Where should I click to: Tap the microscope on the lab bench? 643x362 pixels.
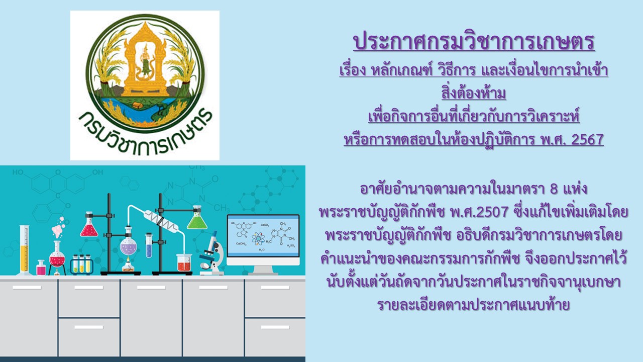212,253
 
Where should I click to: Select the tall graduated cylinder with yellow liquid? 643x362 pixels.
25,250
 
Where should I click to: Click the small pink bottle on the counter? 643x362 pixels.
41,268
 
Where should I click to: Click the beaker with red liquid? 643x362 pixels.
184,262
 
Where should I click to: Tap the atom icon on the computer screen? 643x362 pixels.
258,238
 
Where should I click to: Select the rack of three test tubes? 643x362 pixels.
82,264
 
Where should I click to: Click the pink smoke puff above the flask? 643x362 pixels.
58,228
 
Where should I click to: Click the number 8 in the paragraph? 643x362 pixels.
554,189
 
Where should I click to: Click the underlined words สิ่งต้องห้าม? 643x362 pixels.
474,93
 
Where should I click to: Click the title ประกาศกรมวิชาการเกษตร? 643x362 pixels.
474,42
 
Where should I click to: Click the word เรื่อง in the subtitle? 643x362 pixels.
353,70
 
